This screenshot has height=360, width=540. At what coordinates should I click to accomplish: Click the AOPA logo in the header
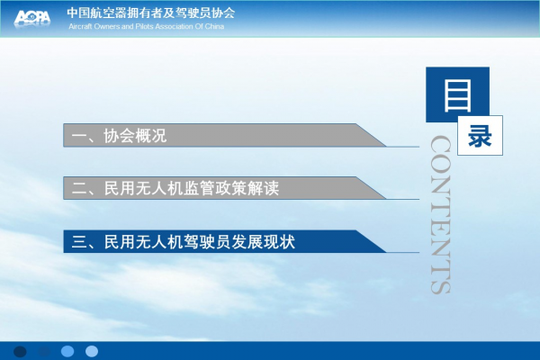tap(32, 17)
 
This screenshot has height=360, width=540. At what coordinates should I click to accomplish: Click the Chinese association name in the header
tap(151, 13)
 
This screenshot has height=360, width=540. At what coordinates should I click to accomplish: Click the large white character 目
tap(457, 95)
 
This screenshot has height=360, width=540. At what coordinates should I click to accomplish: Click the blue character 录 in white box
tap(480, 136)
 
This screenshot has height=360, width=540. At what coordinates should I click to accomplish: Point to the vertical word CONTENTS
tap(441, 214)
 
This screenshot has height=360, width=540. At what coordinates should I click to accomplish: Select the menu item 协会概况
tap(135, 136)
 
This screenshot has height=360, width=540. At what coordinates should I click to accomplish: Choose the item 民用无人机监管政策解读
tap(192, 188)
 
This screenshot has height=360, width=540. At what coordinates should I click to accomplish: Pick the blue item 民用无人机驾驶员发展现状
tap(200, 241)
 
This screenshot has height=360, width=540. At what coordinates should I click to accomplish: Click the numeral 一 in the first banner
tap(79, 136)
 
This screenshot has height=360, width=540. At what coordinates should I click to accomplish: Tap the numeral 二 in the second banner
tap(79, 188)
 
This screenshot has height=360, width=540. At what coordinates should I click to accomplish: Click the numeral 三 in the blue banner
tap(79, 241)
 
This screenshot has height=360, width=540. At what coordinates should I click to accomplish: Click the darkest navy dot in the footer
tap(20, 351)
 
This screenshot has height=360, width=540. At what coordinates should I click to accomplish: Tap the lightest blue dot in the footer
tap(92, 351)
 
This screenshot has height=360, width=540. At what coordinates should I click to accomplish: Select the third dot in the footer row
tap(67, 351)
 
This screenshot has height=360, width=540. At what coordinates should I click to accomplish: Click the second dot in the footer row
tap(44, 351)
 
